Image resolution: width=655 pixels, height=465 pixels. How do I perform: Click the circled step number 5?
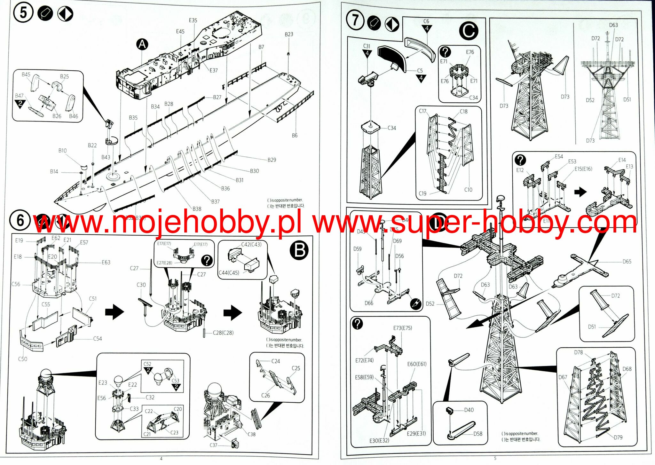[x=23, y=13]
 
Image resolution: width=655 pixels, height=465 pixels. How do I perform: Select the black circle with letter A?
[x=142, y=44]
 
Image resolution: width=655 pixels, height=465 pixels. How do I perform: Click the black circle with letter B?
[x=299, y=250]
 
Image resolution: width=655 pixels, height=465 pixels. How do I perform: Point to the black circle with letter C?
[x=468, y=31]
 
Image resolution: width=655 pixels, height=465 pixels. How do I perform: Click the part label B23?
[x=289, y=34]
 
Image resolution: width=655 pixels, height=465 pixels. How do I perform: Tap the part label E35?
[x=193, y=20]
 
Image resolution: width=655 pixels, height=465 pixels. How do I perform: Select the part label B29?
[x=272, y=160]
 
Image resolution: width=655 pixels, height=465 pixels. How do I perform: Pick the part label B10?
[x=62, y=150]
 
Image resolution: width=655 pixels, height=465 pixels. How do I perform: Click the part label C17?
[x=422, y=111]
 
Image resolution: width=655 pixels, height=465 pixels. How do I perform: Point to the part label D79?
[x=618, y=437]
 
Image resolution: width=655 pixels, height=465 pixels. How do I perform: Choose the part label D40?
[x=469, y=410]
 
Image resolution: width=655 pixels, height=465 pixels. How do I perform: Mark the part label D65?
[x=627, y=261]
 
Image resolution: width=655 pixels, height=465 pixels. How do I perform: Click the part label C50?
[x=22, y=359]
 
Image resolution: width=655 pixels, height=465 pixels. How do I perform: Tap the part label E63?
[x=106, y=262]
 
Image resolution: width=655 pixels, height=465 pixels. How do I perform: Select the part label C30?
[x=141, y=285]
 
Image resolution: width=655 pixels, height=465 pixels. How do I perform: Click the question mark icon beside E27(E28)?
[x=207, y=261]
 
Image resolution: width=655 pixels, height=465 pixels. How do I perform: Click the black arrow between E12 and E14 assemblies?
[x=580, y=192]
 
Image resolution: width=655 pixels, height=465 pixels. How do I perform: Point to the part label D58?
[x=478, y=434]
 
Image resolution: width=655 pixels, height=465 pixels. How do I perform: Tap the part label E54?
[x=559, y=156]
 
